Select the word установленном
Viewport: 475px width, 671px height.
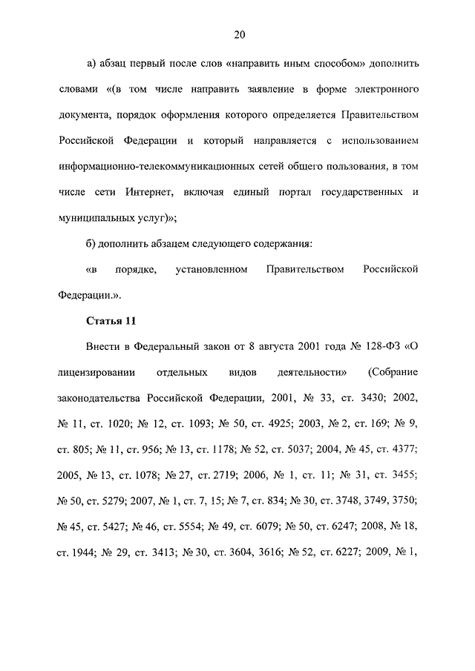tap(212, 269)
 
